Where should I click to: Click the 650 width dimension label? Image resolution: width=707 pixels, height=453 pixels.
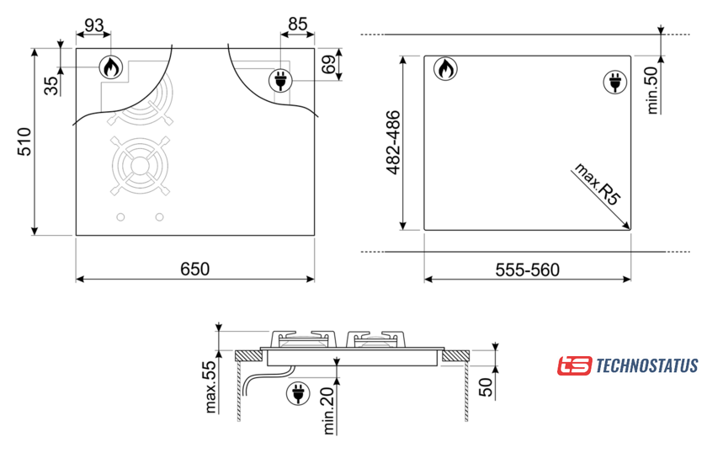point(194,269)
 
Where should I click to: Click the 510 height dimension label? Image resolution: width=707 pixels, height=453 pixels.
point(24,141)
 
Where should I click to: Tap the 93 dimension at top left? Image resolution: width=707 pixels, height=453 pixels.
point(93,25)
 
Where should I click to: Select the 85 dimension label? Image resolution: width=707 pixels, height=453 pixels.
point(298,24)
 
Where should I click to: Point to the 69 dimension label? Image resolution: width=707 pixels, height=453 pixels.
point(329,64)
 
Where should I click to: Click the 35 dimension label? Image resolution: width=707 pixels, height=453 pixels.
point(51,86)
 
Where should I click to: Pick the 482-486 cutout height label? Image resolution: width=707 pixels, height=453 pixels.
point(394,142)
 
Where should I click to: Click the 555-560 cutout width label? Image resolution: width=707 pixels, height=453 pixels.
point(527,269)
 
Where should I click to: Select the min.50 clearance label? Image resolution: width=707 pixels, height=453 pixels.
point(652,90)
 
